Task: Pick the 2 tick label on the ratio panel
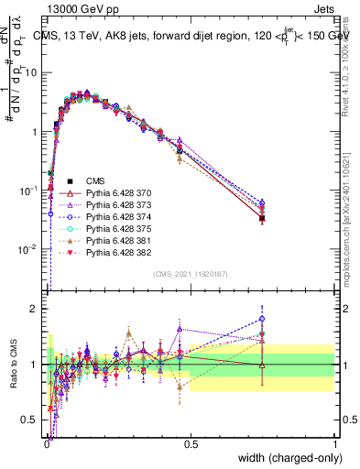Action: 37,309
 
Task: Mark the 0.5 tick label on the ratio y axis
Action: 33,420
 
